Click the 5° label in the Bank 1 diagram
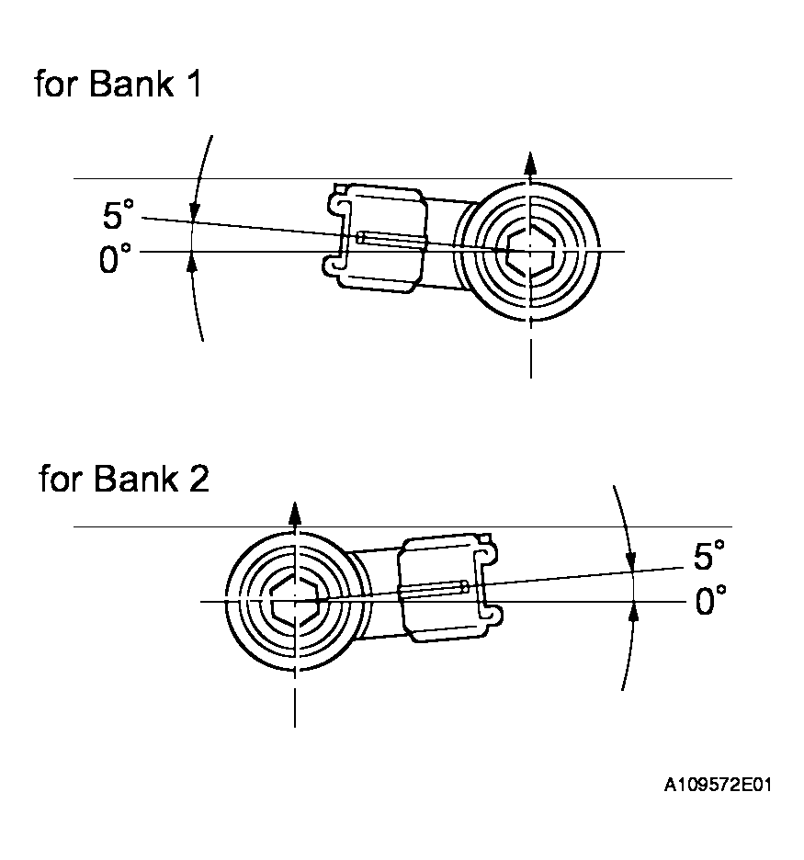pos(119,217)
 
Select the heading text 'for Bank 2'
pos(123,480)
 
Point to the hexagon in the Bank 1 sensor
pos(528,250)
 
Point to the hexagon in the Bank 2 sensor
pos(295,602)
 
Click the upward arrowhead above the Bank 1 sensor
pos(529,162)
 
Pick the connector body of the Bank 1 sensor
pos(378,238)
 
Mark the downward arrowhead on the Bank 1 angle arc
pos(192,212)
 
